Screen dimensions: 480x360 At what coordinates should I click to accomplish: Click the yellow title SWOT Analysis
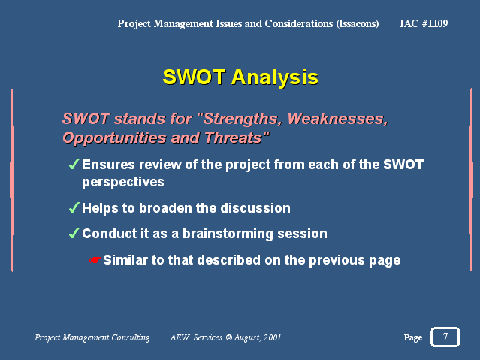[x=240, y=77]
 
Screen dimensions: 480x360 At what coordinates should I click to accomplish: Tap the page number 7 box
[x=445, y=337]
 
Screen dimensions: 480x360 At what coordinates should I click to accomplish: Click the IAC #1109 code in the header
[x=424, y=23]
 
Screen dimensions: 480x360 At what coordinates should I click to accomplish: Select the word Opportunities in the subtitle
[x=115, y=138]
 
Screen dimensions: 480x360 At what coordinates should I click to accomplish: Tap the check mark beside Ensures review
[x=74, y=164]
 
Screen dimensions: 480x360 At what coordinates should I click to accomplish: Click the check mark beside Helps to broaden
[x=74, y=207]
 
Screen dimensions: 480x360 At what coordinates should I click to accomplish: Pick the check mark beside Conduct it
[x=74, y=233]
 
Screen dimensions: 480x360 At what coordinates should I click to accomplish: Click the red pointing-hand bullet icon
[x=95, y=260]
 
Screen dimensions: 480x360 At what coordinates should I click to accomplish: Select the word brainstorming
[x=228, y=234]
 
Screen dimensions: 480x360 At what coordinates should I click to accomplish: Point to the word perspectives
[x=123, y=182]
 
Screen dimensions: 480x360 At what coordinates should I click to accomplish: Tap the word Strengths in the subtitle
[x=242, y=119]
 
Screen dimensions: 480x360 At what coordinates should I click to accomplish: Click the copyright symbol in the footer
[x=228, y=337]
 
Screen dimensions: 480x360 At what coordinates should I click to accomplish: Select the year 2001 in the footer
[x=272, y=337]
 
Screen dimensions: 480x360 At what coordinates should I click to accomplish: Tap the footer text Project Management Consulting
[x=92, y=337]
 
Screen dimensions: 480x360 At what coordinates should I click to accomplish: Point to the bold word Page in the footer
[x=413, y=337]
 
